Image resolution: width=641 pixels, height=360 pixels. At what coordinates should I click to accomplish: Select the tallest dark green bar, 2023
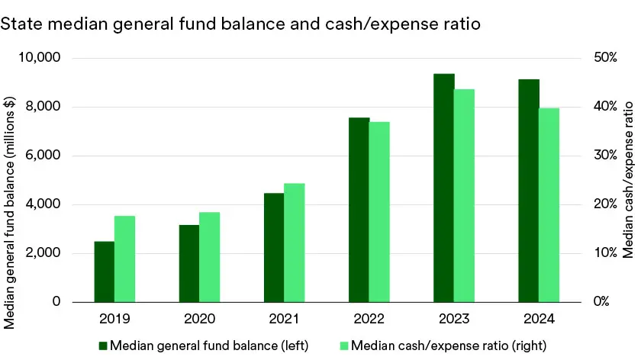tap(443, 188)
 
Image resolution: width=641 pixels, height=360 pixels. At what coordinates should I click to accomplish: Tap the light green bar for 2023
tap(464, 195)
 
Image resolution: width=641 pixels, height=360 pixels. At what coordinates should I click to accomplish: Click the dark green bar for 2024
tap(528, 191)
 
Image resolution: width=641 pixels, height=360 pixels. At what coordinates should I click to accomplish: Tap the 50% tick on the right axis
tap(594, 58)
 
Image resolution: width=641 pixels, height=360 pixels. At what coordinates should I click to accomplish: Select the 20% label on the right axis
tap(594, 204)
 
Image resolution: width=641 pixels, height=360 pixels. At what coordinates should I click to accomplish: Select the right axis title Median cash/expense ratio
tap(627, 180)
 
